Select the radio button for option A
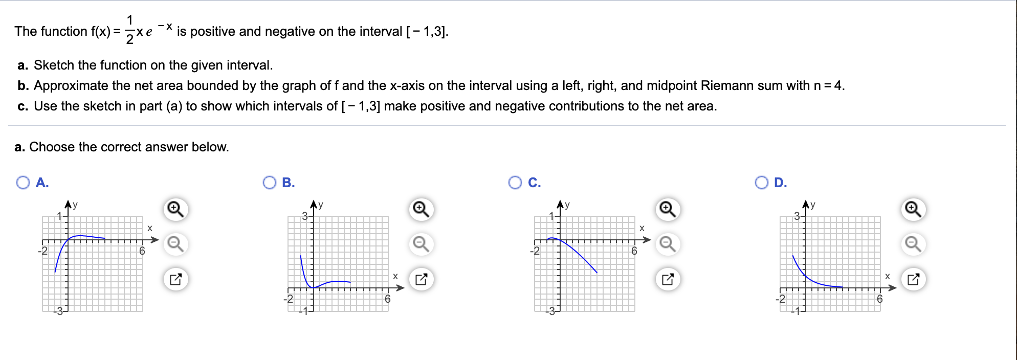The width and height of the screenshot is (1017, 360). [23, 183]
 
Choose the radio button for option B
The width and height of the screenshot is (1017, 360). [269, 183]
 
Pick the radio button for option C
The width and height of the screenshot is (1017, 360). [515, 183]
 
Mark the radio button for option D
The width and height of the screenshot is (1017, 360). [761, 183]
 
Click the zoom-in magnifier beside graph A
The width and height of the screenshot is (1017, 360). [175, 210]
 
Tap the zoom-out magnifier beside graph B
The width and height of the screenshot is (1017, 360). [421, 244]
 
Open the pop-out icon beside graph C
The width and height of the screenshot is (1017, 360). [668, 279]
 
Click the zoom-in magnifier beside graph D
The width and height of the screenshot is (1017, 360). [913, 210]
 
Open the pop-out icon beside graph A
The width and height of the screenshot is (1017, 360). [175, 279]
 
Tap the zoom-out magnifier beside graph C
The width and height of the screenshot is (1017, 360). [668, 244]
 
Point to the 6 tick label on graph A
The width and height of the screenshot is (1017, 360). [142, 251]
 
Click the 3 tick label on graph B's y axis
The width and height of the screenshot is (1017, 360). [304, 216]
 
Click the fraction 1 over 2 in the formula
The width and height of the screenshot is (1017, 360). [129, 30]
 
